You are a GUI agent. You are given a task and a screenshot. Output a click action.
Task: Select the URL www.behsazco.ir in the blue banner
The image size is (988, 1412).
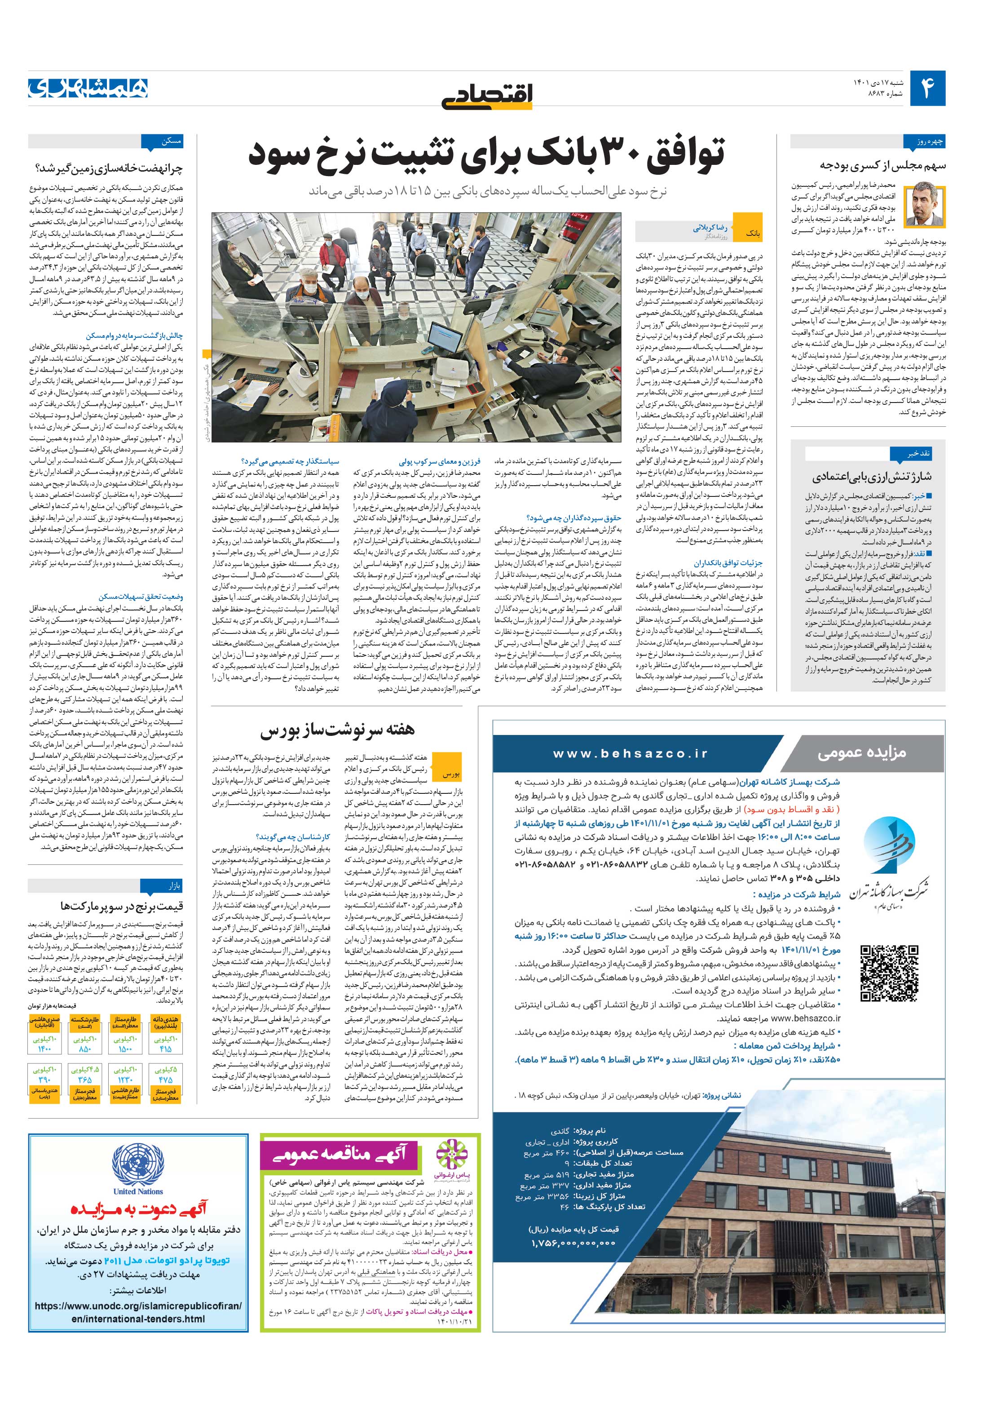point(640,753)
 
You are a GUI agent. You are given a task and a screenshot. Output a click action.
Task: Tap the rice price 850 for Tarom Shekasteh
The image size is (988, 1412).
point(85,1049)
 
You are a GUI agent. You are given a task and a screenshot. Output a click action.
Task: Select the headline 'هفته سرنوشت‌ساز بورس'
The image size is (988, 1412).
point(338,730)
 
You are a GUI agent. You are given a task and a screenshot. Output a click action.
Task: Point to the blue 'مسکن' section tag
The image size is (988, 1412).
point(163,142)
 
